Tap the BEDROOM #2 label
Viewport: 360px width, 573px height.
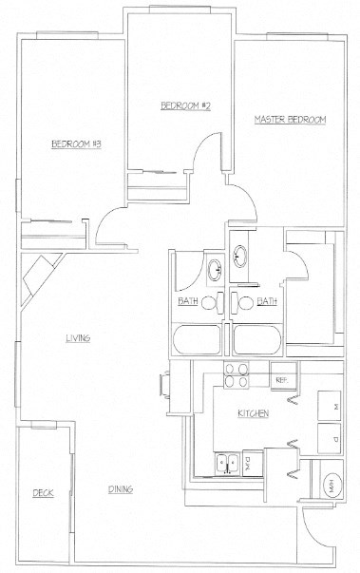click(x=184, y=105)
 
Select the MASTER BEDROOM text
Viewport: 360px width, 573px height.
click(x=290, y=120)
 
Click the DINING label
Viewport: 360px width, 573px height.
click(x=120, y=489)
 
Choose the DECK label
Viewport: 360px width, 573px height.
click(x=43, y=492)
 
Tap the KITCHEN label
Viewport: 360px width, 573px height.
click(x=254, y=413)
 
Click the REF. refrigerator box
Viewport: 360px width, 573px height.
click(x=282, y=379)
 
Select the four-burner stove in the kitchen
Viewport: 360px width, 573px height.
click(x=236, y=374)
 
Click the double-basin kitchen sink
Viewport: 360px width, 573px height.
click(x=227, y=463)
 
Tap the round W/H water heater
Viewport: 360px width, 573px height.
click(x=331, y=484)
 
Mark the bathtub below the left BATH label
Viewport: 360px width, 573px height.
click(x=198, y=340)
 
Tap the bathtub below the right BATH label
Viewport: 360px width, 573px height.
click(x=256, y=340)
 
